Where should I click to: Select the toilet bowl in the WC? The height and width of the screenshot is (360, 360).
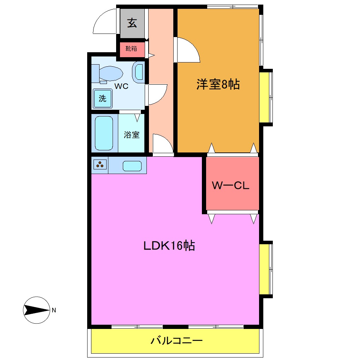point(110,74)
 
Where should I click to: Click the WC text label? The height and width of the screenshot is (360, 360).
point(121,86)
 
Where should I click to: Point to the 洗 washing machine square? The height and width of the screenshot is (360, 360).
point(102,98)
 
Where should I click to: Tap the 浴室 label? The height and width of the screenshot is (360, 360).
point(132,135)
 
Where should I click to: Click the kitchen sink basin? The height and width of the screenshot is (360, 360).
point(132,166)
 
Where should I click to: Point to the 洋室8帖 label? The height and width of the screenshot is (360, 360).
point(218,85)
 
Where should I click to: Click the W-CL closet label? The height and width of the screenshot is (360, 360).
point(230,185)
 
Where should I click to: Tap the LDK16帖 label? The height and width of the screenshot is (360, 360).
point(169,246)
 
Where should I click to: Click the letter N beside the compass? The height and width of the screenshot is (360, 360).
point(54,311)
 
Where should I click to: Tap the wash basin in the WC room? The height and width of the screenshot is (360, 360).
point(138,72)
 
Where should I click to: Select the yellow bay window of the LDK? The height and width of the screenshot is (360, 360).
point(265,269)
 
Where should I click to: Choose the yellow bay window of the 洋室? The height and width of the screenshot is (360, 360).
point(265,97)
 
